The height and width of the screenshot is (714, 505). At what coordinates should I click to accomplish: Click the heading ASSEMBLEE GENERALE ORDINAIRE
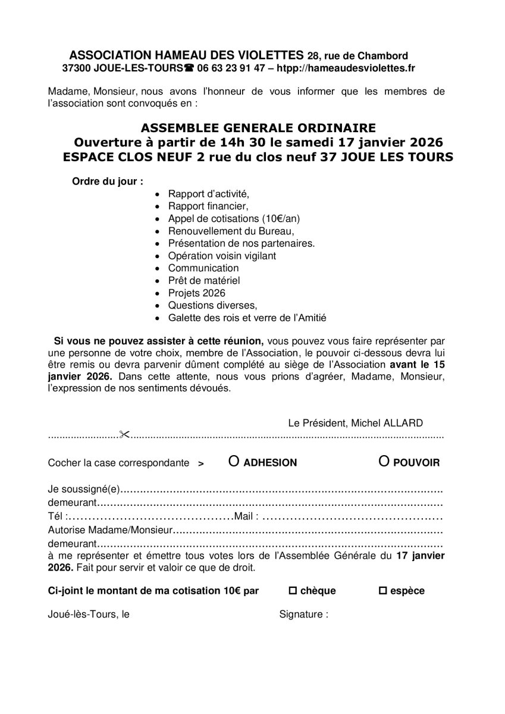(258, 128)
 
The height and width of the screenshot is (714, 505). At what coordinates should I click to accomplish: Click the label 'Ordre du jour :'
(107, 181)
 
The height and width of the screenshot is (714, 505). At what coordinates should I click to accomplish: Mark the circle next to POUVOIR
(384, 462)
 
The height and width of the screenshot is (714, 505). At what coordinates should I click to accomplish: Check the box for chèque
(292, 591)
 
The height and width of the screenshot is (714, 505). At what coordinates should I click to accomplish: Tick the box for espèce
(383, 591)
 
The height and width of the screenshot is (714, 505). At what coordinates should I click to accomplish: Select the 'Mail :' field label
(247, 516)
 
